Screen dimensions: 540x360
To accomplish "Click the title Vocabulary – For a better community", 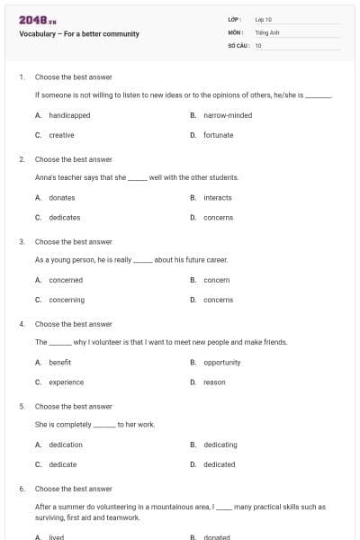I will tap(79, 34).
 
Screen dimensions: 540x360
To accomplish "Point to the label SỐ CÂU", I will tap(237, 45).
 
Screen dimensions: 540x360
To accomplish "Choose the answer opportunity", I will tap(221, 363).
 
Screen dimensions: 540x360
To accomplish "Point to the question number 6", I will tap(22, 489).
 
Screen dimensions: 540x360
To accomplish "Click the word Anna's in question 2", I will tap(45, 177).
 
